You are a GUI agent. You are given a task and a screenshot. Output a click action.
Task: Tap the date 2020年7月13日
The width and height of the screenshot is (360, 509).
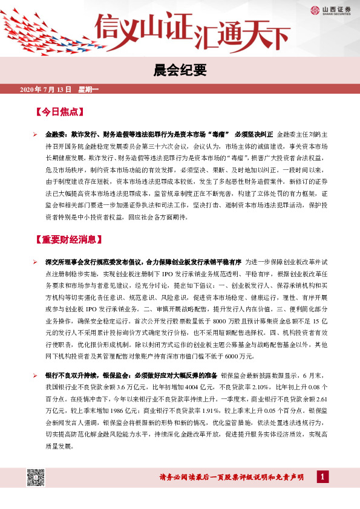click(46, 90)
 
